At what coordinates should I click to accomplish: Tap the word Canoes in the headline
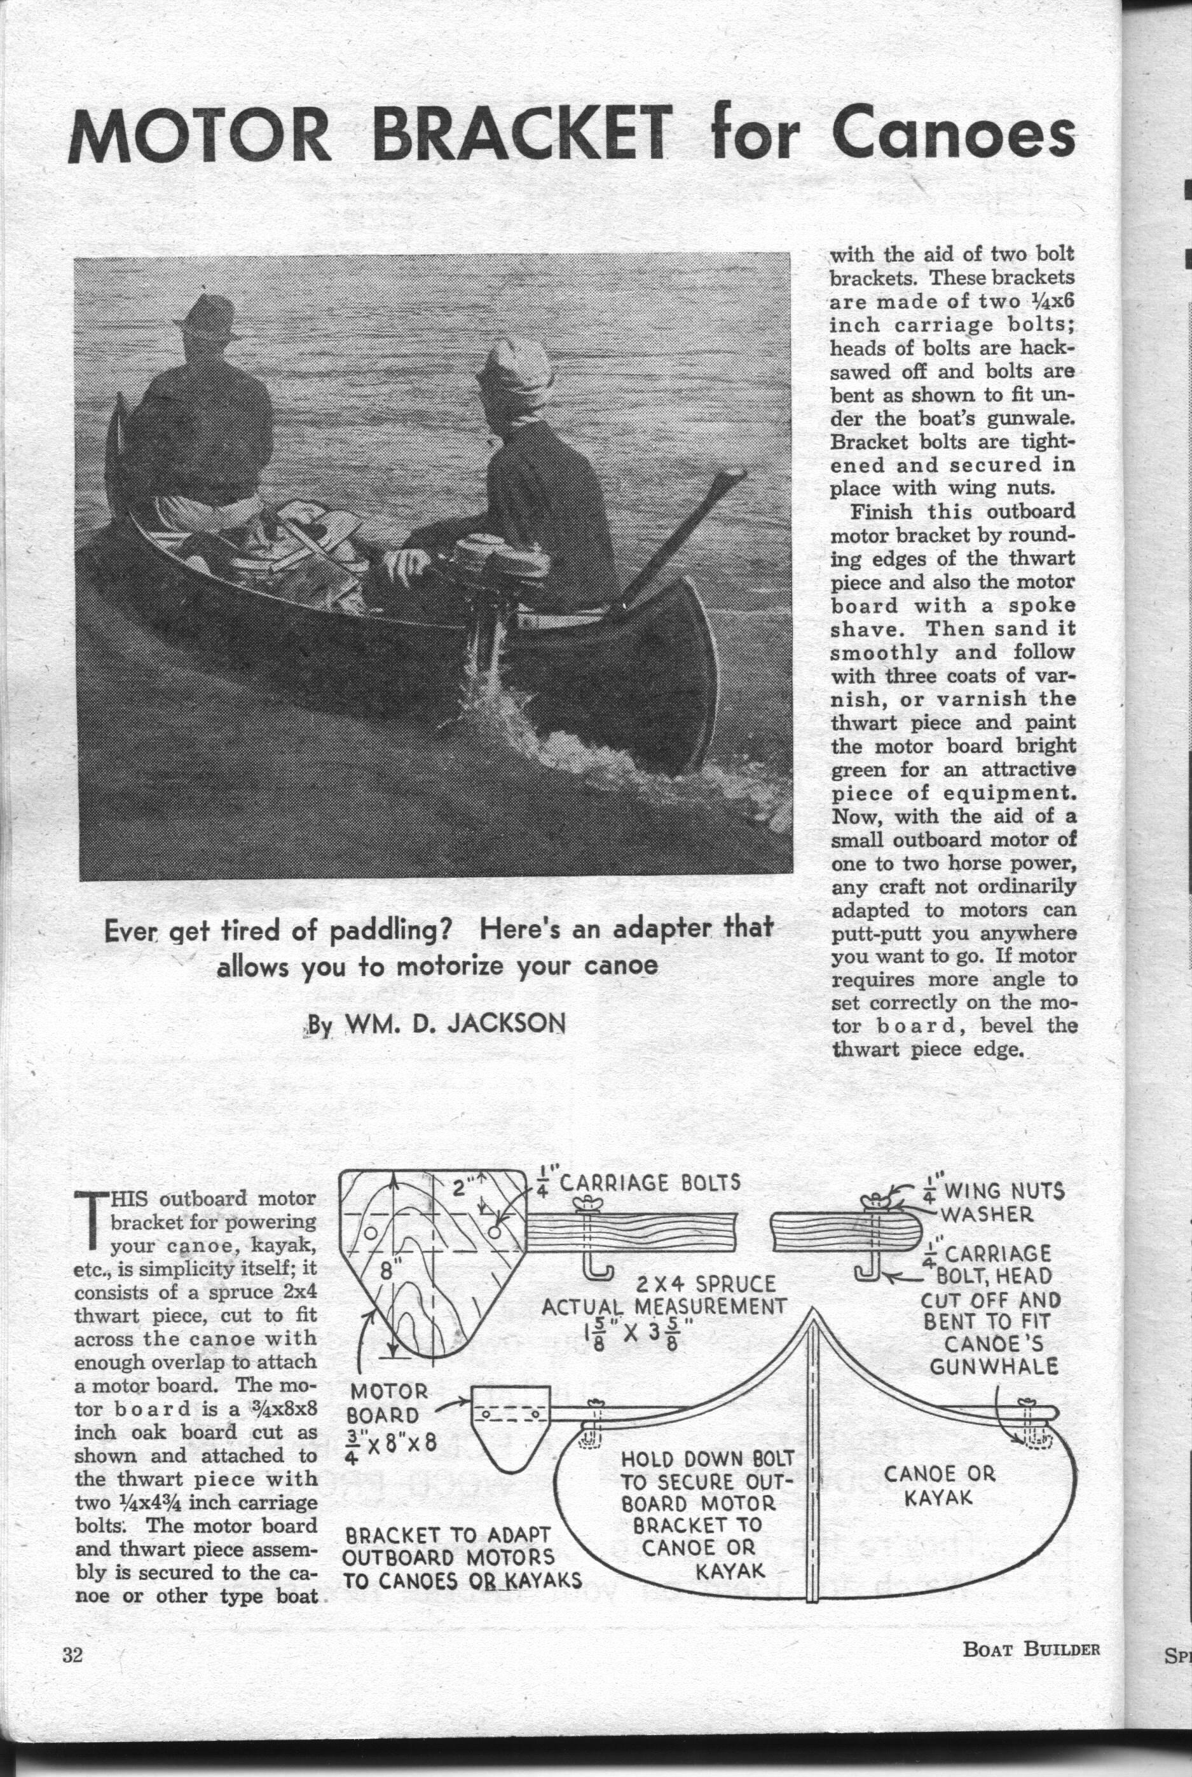click(954, 135)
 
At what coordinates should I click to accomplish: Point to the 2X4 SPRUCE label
click(706, 1285)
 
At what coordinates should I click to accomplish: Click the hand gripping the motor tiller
click(407, 564)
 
